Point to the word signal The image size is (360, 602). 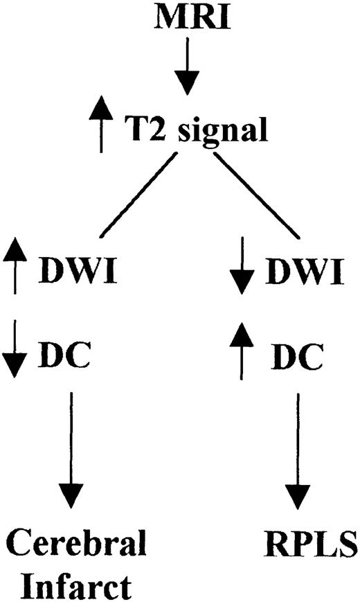(x=220, y=132)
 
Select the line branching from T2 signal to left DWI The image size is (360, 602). (x=134, y=194)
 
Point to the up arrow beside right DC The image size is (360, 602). (x=241, y=353)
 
